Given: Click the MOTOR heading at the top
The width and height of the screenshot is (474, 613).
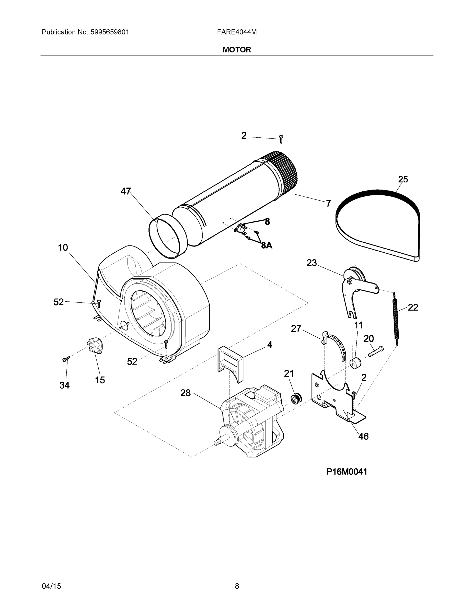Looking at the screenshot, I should (x=237, y=50).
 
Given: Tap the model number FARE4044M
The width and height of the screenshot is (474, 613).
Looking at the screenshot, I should (x=237, y=32).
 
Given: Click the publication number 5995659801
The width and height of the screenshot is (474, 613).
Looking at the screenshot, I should (x=110, y=32).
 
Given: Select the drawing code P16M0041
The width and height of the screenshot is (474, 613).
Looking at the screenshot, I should (x=346, y=471).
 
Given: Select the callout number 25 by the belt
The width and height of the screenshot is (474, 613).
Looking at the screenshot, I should (x=403, y=179).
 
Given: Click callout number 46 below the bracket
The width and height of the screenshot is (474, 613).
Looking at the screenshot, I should (x=363, y=436).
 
